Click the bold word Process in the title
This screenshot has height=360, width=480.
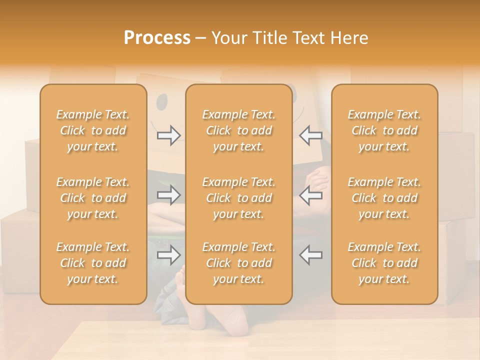[157, 38]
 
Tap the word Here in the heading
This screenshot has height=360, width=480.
[348, 38]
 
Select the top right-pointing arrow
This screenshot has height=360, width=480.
[169, 135]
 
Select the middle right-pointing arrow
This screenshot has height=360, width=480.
[169, 195]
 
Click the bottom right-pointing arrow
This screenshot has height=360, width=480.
[169, 255]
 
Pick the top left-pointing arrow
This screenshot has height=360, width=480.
[310, 135]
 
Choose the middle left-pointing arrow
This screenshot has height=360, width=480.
[310, 195]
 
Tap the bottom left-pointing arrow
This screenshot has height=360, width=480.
[310, 255]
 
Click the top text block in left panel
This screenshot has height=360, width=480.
[93, 130]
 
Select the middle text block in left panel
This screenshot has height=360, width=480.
[93, 198]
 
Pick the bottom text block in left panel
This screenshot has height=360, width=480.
[93, 263]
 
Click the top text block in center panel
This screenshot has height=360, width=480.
[238, 130]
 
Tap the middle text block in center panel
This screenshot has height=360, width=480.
[238, 198]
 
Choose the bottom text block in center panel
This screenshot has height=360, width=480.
[238, 263]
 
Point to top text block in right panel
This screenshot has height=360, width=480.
[384, 130]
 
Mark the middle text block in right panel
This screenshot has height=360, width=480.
[384, 198]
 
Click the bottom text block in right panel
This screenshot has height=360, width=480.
[384, 263]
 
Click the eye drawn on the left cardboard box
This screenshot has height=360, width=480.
[162, 103]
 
